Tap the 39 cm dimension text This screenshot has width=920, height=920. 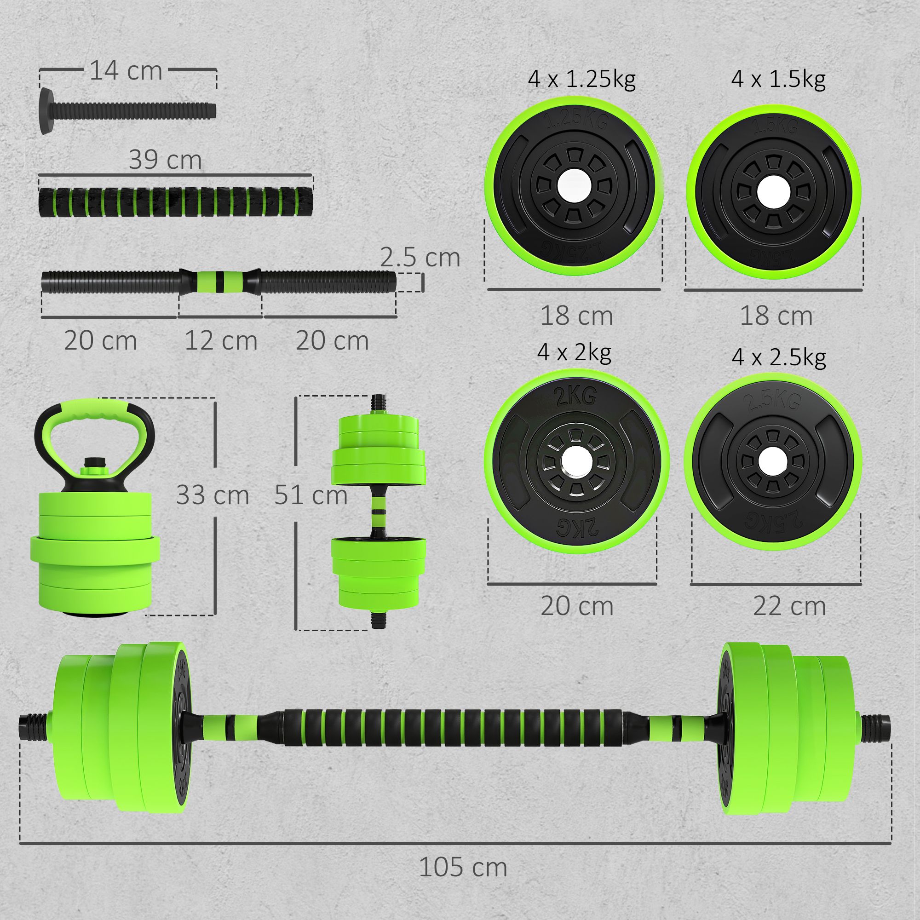[x=165, y=160]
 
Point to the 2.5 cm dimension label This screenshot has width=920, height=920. [x=420, y=258]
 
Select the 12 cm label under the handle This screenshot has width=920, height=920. [x=220, y=341]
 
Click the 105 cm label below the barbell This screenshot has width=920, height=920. [x=463, y=867]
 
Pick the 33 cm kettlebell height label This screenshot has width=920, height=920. [x=213, y=495]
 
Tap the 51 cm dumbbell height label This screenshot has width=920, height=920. [x=311, y=495]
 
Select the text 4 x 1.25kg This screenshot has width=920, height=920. [x=581, y=79]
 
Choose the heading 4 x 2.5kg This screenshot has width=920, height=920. [x=779, y=357]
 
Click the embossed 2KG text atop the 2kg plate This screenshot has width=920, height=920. [x=574, y=396]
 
